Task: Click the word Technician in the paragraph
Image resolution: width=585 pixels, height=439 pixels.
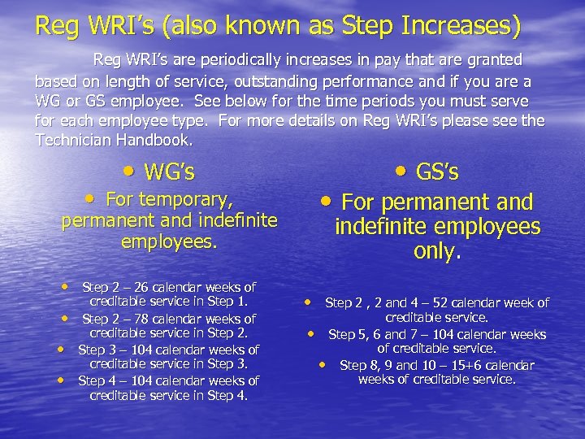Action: pyautogui.click(x=73, y=140)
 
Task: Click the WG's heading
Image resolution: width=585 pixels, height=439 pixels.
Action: pyautogui.click(x=169, y=172)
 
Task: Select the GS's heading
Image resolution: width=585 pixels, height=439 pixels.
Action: pyautogui.click(x=436, y=172)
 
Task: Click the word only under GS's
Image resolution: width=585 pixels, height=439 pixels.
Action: pyautogui.click(x=436, y=251)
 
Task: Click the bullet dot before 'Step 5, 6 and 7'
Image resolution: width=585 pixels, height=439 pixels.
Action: pyautogui.click(x=310, y=333)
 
